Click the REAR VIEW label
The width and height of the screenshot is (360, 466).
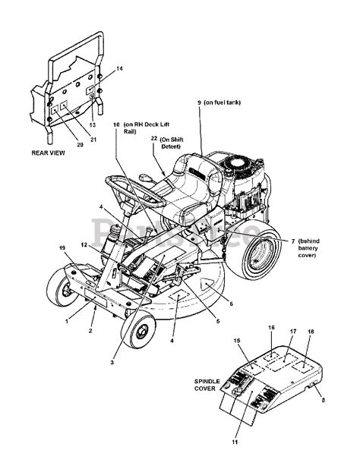48,153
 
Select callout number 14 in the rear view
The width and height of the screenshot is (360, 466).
118,69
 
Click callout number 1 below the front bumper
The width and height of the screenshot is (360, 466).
67,320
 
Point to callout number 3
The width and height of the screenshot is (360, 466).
112,362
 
